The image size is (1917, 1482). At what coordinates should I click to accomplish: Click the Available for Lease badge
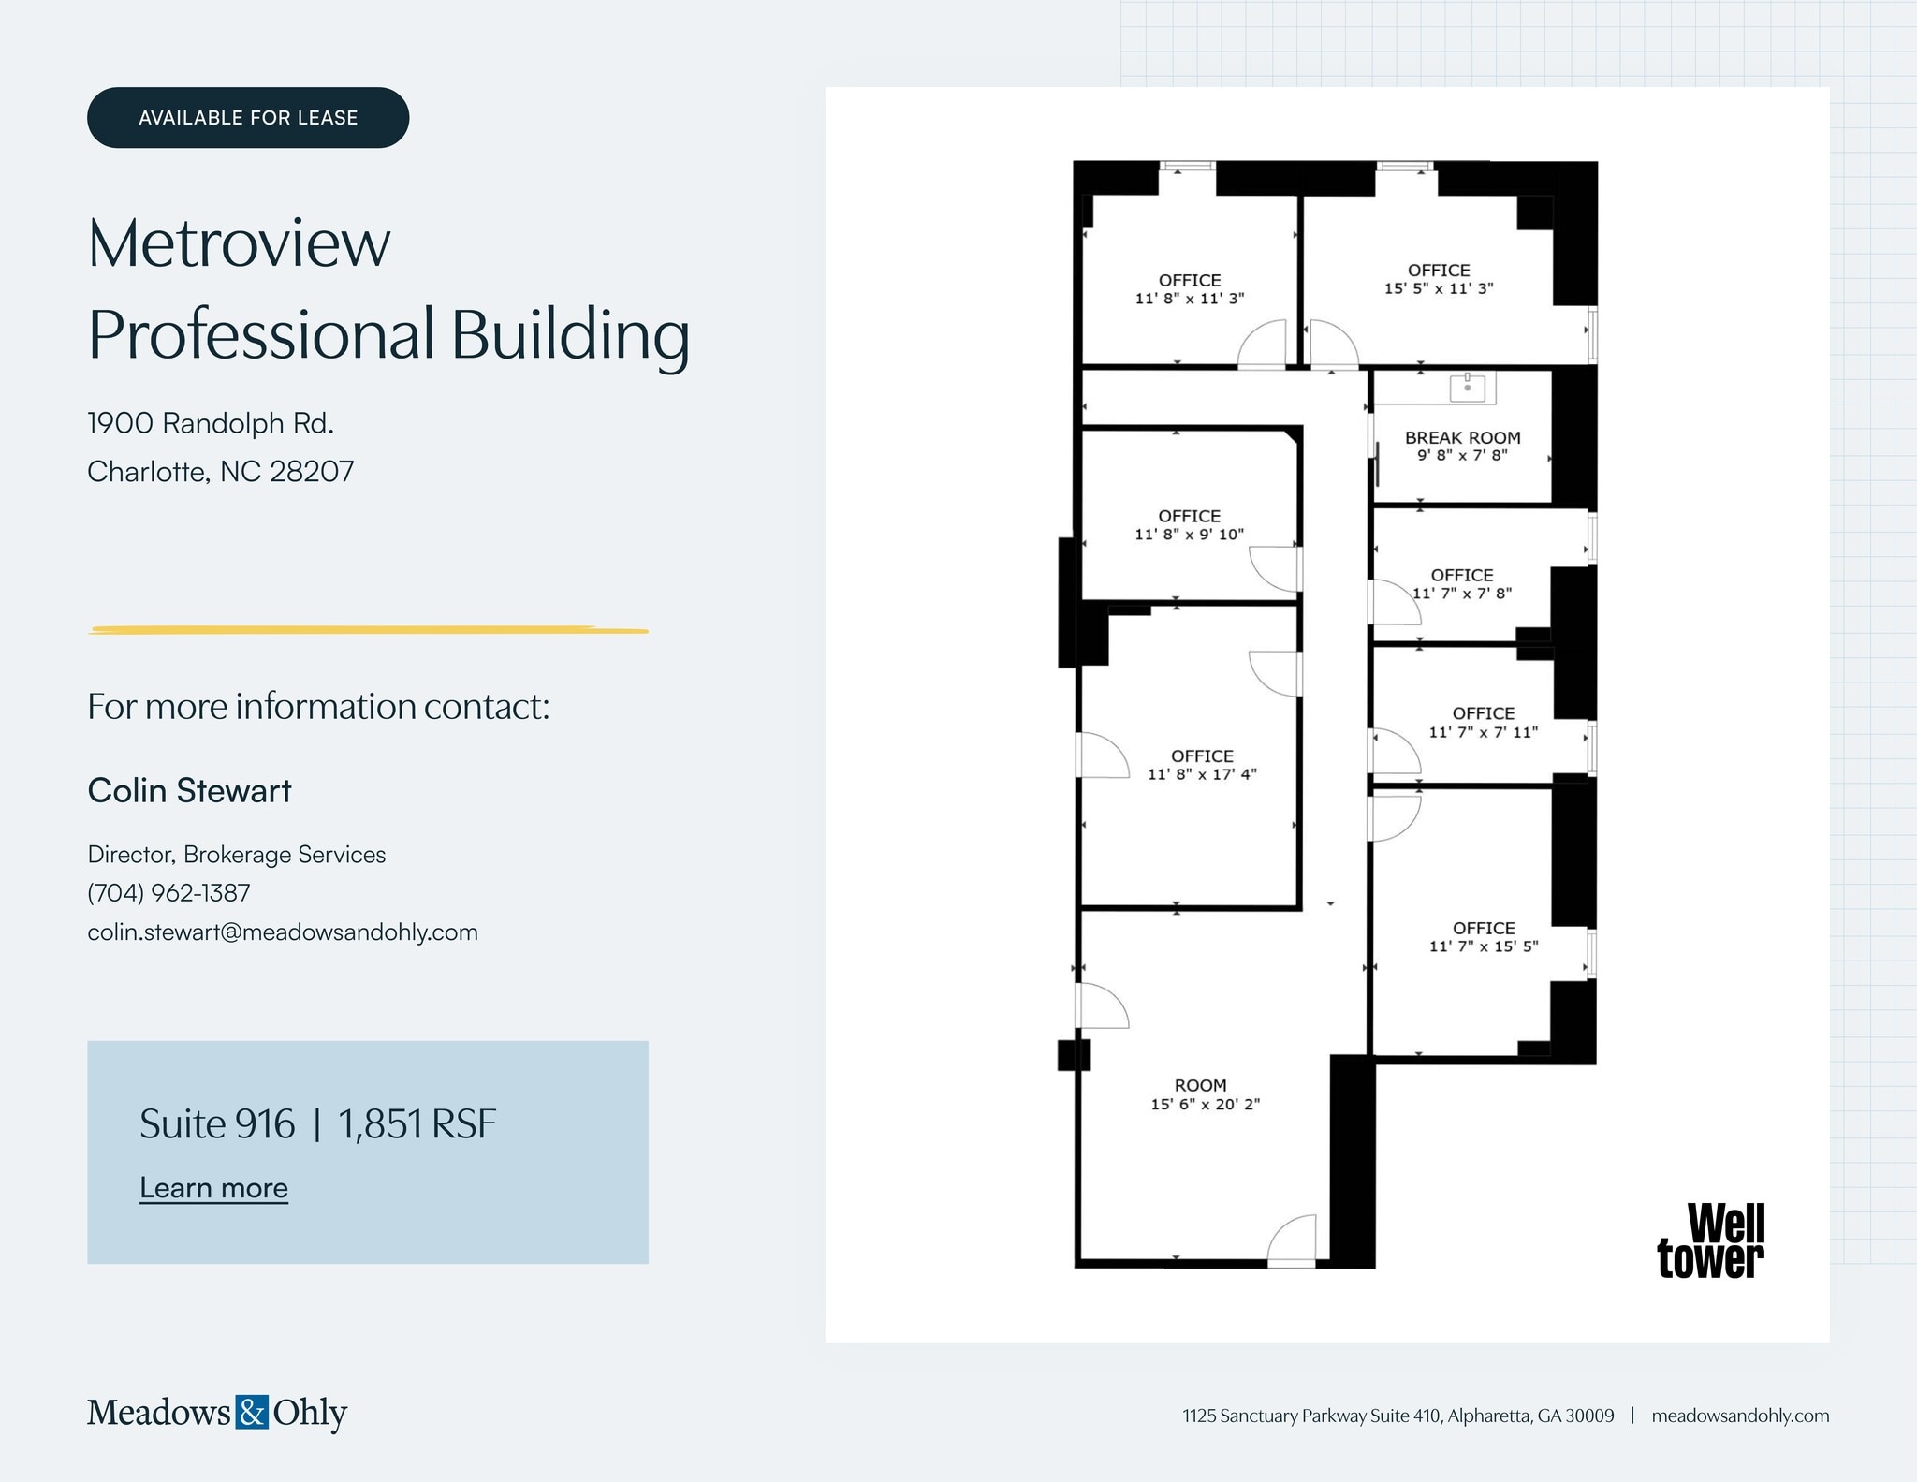[x=248, y=118]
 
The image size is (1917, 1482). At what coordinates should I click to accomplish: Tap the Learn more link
[x=213, y=1187]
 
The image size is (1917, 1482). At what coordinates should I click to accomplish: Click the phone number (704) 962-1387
[x=168, y=892]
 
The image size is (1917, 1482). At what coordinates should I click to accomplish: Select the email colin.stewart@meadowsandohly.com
[x=283, y=932]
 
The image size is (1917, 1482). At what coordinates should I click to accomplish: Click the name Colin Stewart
[x=189, y=790]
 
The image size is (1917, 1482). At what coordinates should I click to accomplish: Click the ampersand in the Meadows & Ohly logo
[x=252, y=1412]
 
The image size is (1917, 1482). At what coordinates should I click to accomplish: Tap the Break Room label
[x=1462, y=437]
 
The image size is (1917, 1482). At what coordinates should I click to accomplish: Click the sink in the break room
[x=1468, y=387]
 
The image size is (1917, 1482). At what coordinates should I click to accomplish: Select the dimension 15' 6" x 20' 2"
[x=1205, y=1104]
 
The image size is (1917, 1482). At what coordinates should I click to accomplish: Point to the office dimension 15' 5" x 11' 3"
[x=1439, y=288]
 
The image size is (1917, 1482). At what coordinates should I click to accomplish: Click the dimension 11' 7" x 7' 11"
[x=1483, y=732]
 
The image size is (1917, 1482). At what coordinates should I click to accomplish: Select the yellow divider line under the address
[x=368, y=630]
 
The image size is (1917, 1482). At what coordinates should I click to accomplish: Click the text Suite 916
[x=217, y=1123]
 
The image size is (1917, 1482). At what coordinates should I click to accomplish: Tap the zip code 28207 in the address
[x=312, y=471]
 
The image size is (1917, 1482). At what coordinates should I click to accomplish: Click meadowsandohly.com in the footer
[x=1739, y=1416]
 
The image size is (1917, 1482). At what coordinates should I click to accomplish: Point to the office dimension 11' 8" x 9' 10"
[x=1189, y=535]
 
